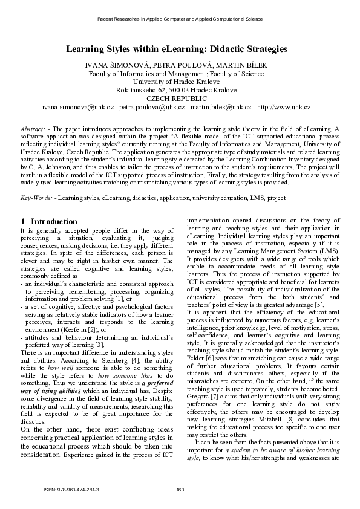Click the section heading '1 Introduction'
pyautogui.click(x=49, y=222)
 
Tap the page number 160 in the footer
pyautogui.click(x=180, y=488)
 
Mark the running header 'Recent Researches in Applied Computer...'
pyautogui.click(x=180, y=19)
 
